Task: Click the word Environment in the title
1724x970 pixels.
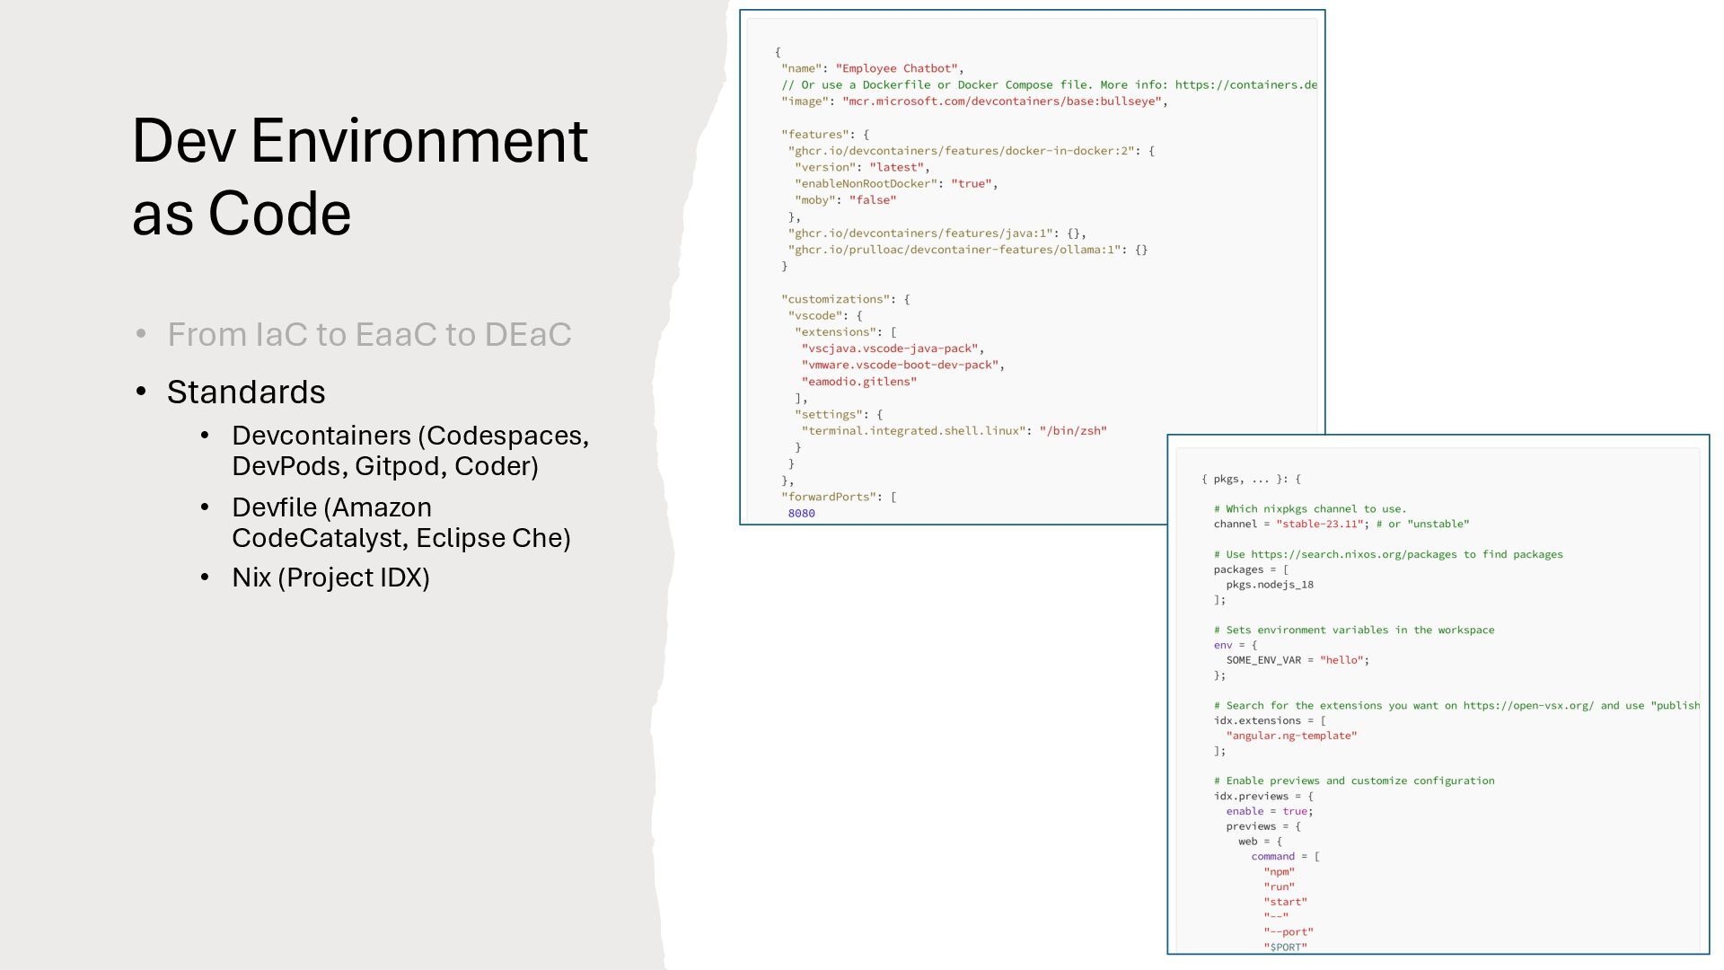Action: tap(418, 141)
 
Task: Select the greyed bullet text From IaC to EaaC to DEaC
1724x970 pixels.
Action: tap(369, 334)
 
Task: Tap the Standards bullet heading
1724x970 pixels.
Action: tap(246, 392)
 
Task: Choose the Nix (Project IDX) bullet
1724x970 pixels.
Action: tap(330, 578)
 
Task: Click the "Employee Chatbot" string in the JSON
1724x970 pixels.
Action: tap(896, 68)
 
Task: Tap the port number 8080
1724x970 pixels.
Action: tap(801, 514)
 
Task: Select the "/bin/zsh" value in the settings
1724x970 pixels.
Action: tap(1072, 431)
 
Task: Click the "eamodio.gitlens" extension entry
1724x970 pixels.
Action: tap(858, 382)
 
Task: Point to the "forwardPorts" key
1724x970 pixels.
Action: tap(829, 497)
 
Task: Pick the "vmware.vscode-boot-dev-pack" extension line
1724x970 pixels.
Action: tap(900, 366)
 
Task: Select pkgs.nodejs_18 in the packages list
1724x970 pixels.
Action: tap(1269, 585)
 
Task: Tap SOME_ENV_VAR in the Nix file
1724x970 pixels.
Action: tap(1263, 660)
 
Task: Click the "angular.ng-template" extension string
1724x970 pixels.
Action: tap(1291, 736)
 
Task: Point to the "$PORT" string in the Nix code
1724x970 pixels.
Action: tap(1285, 947)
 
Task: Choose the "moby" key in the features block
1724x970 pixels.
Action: tap(814, 200)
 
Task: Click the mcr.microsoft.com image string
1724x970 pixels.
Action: tap(1002, 101)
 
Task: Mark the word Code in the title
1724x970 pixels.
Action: tap(279, 214)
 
